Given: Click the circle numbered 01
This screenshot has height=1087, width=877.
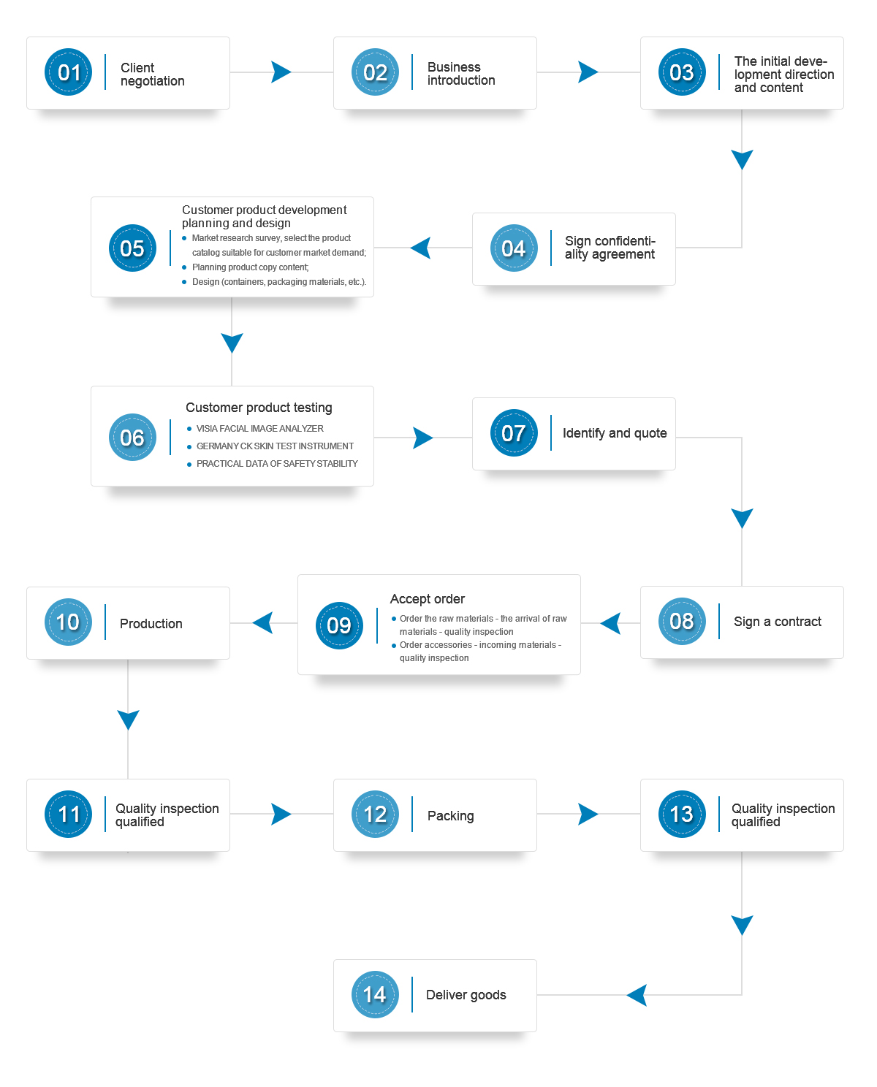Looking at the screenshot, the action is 68,72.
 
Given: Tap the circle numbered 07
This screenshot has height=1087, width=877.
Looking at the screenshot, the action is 514,433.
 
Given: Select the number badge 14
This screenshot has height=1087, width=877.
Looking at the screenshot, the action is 375,994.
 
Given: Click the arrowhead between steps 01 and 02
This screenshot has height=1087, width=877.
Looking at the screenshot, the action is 281,72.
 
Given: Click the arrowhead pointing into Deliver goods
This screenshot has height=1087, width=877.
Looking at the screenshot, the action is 637,995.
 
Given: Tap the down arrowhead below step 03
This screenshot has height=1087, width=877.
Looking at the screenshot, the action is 742,159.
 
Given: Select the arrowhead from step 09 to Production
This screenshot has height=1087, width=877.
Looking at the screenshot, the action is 263,623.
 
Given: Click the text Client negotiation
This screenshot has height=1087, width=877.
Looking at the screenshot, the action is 152,75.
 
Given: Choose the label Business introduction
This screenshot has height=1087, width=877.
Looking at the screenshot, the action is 461,74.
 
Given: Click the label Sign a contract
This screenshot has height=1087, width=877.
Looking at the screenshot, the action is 778,621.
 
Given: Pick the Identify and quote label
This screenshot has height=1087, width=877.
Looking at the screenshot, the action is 615,433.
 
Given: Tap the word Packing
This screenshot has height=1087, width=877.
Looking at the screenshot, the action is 450,816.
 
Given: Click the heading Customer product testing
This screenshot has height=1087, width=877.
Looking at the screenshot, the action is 259,407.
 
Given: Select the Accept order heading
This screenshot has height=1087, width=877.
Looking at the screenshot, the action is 427,598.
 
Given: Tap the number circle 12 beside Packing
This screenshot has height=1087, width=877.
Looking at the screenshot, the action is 375,814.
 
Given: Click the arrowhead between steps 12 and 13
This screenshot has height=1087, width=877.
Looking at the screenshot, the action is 588,814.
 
